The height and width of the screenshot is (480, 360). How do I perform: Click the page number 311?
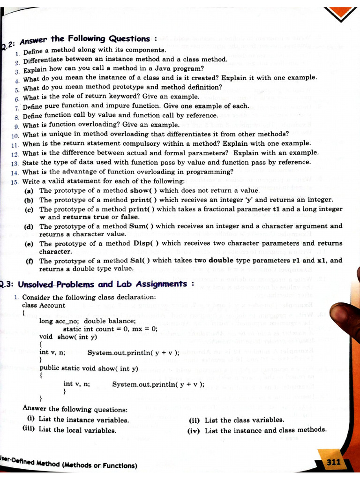click(x=333, y=462)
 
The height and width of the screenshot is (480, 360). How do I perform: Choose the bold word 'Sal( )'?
click(x=138, y=261)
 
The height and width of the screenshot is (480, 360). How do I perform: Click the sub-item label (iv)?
click(x=194, y=430)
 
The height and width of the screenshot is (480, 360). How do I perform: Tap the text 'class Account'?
click(x=44, y=305)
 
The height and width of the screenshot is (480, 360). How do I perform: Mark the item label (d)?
click(x=29, y=226)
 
